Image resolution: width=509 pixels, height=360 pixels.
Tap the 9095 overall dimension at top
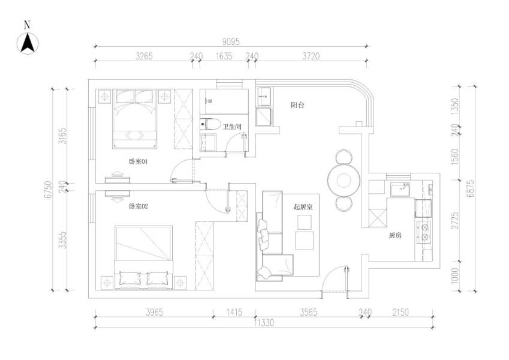[x=231, y=41]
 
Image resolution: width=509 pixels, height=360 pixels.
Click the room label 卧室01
[x=138, y=161]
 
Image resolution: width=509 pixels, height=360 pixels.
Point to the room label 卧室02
[x=138, y=206]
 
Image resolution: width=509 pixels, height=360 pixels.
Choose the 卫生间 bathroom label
[x=231, y=127]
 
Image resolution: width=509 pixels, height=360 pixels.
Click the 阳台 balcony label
[x=297, y=105]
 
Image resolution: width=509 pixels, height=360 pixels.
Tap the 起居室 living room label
[x=303, y=206]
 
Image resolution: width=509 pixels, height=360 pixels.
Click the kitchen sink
[x=399, y=190]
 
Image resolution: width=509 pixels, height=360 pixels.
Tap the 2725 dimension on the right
[x=456, y=220]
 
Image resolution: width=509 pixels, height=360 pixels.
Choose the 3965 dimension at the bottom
[x=153, y=313]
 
